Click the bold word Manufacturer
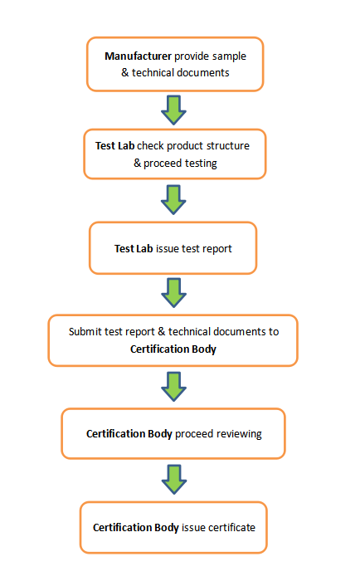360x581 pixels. point(138,56)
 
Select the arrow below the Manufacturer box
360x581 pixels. point(173,110)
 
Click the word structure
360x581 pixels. point(228,145)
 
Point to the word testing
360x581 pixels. point(201,164)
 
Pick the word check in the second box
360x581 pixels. point(150,145)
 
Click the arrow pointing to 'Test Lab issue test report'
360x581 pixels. point(173,200)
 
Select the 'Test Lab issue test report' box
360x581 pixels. point(173,248)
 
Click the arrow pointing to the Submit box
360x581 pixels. point(173,293)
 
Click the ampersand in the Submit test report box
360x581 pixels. point(162,331)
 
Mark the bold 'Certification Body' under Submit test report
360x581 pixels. point(173,349)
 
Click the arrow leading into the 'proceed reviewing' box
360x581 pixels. point(173,387)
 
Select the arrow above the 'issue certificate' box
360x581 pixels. point(173,480)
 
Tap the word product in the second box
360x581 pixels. point(184,146)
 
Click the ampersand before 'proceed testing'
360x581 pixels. point(138,163)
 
